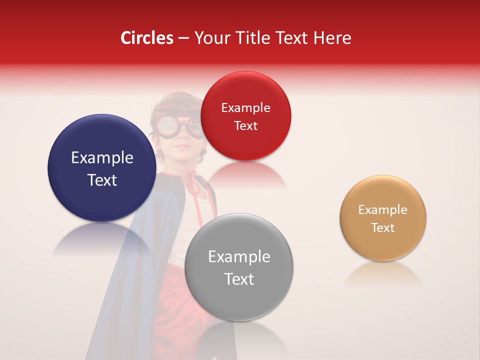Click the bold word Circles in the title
click(146, 38)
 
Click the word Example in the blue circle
click(102, 158)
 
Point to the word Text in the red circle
click(245, 126)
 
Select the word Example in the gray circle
click(239, 257)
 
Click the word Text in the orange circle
click(383, 228)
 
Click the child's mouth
click(183, 147)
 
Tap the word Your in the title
click(211, 38)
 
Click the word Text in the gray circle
click(239, 279)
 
